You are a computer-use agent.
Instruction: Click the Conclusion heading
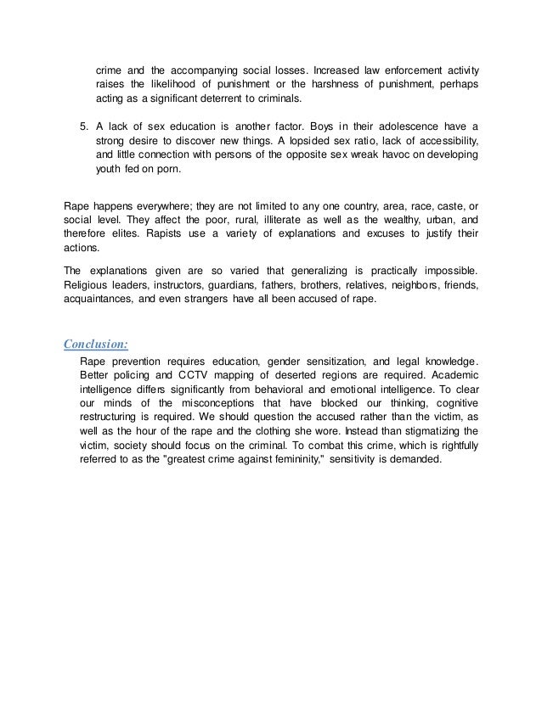[x=97, y=344]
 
